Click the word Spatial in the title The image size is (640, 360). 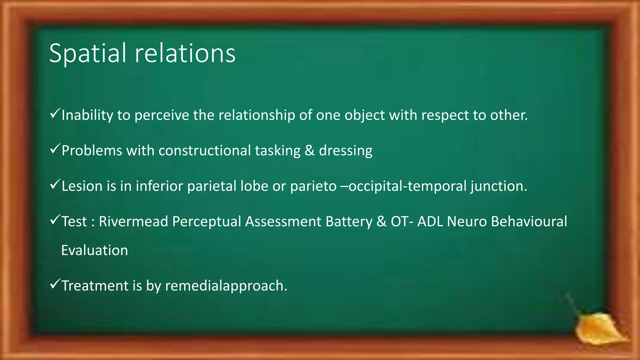[x=87, y=54]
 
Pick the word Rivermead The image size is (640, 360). [x=133, y=222]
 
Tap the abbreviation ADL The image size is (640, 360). [x=430, y=222]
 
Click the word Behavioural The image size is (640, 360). [x=529, y=222]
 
